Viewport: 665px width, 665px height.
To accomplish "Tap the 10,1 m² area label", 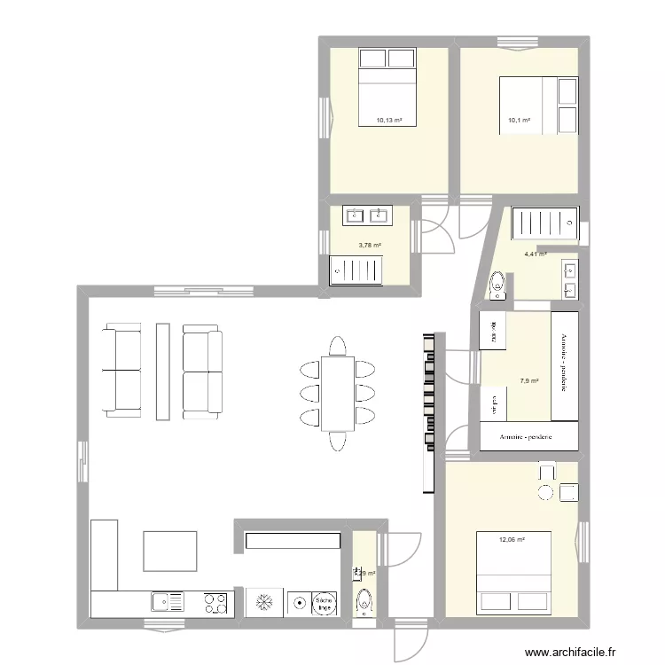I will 519,121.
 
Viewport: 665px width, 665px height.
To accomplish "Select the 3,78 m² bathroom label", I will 370,246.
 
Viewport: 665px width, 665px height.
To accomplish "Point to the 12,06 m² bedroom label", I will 512,539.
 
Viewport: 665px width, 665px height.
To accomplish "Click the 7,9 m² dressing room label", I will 528,382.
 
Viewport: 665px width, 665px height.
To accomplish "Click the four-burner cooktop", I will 215,603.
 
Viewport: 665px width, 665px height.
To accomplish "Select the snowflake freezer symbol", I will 264,603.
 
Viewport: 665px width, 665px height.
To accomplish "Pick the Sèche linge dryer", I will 325,603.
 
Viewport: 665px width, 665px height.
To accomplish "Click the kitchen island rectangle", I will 169,551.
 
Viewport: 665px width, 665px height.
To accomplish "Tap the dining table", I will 337,393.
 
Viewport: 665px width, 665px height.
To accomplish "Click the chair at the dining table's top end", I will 337,345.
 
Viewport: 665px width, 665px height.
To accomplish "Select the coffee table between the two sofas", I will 162,371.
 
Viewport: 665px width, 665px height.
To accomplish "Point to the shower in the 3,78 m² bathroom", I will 356,270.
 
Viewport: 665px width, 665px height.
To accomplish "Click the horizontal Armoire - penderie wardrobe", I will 529,437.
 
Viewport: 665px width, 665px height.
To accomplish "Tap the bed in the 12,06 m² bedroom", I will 514,573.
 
